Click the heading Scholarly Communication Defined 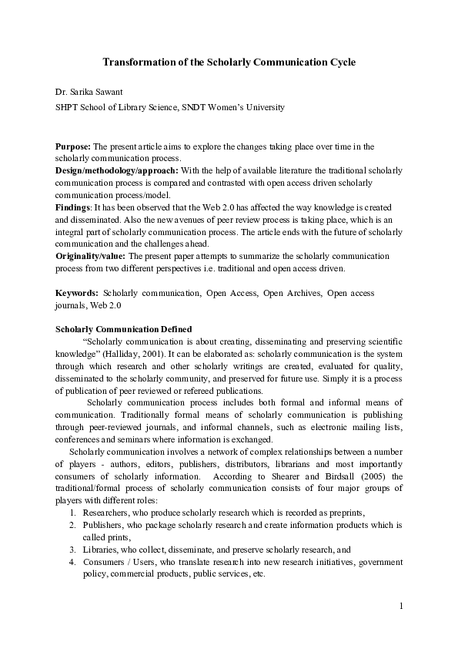pyautogui.click(x=124, y=330)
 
